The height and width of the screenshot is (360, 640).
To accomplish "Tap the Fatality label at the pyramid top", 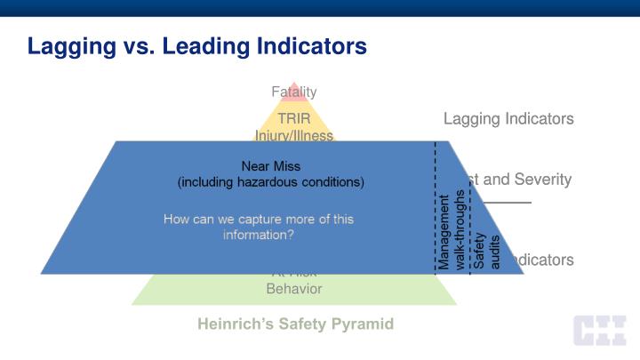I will click(x=293, y=92).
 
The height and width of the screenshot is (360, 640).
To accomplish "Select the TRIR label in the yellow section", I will click(x=293, y=118).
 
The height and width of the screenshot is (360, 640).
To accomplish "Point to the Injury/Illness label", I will click(x=293, y=136).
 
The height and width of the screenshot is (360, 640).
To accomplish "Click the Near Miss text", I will click(x=270, y=165).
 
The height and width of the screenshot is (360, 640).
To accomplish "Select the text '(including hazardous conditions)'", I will click(x=270, y=182).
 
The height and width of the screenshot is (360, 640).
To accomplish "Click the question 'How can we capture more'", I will click(x=258, y=219).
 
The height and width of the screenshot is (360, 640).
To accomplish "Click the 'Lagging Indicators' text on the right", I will click(x=508, y=118).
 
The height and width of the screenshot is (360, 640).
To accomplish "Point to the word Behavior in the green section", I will click(x=293, y=289).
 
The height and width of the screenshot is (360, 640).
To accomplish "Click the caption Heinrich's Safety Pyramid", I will click(x=295, y=324).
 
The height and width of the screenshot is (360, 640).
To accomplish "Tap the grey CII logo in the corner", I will click(x=598, y=331).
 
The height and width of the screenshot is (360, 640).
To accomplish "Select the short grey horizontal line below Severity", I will click(x=510, y=203).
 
